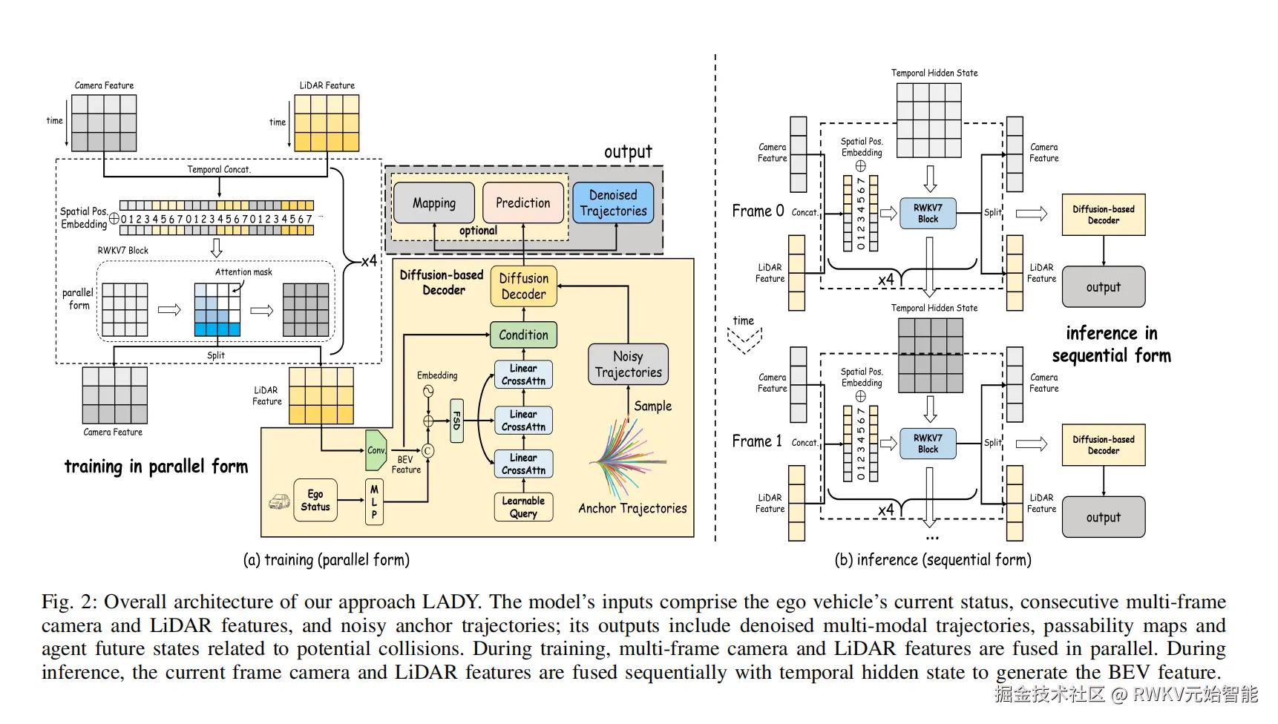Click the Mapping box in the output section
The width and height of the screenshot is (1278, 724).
pyautogui.click(x=434, y=203)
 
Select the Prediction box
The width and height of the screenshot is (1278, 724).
pyautogui.click(x=522, y=203)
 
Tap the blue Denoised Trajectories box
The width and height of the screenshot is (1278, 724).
pyautogui.click(x=613, y=203)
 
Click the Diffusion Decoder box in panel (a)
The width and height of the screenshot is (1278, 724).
pyautogui.click(x=523, y=286)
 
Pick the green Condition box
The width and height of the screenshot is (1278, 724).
pyautogui.click(x=523, y=335)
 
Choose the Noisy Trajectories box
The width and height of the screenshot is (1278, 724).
pyautogui.click(x=628, y=364)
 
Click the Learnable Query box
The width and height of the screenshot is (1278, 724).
pyautogui.click(x=523, y=507)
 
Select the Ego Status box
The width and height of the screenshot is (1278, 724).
pyautogui.click(x=315, y=500)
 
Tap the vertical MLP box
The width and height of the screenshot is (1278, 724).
pyautogui.click(x=374, y=502)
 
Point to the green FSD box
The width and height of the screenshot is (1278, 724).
pyautogui.click(x=456, y=421)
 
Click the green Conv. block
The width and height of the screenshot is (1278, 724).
pyautogui.click(x=376, y=450)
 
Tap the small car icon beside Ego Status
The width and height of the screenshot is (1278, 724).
pyautogui.click(x=279, y=502)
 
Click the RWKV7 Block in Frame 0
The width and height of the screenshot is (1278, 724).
pyautogui.click(x=928, y=214)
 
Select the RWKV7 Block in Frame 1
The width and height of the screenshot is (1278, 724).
pyautogui.click(x=928, y=444)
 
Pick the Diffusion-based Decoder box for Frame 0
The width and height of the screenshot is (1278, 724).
pyautogui.click(x=1103, y=215)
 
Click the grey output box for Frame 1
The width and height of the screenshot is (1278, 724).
pyautogui.click(x=1103, y=518)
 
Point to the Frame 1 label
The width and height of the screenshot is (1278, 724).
pyautogui.click(x=757, y=441)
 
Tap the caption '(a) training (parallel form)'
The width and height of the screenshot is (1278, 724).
pyautogui.click(x=327, y=560)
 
